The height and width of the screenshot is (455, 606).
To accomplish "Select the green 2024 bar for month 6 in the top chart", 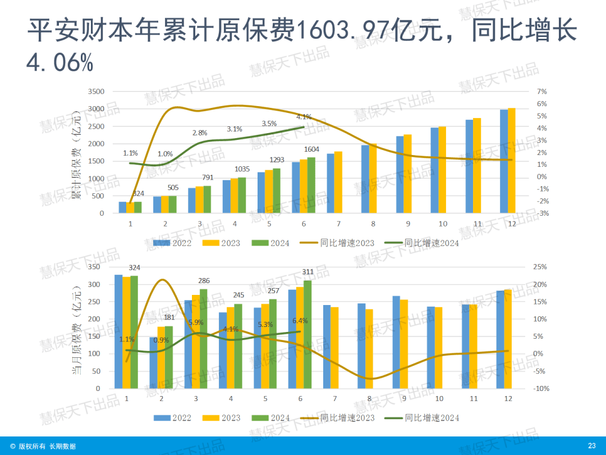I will tap(311, 185).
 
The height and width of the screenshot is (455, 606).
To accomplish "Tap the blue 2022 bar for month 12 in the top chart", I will tap(504, 161).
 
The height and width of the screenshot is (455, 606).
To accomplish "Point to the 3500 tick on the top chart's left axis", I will tap(97, 92).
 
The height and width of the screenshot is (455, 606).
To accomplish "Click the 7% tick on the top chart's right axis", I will tap(542, 92).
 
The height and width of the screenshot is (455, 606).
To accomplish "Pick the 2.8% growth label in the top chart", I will tap(200, 133).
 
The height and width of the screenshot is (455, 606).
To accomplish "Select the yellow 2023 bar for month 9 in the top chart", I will tap(407, 174).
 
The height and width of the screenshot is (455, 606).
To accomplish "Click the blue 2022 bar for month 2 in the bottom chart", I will tap(153, 362).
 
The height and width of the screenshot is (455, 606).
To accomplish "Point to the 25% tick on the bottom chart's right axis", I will tap(540, 267).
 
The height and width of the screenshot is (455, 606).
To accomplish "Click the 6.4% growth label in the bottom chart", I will tap(301, 321).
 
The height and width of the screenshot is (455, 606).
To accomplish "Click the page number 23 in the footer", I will tap(591, 446).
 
